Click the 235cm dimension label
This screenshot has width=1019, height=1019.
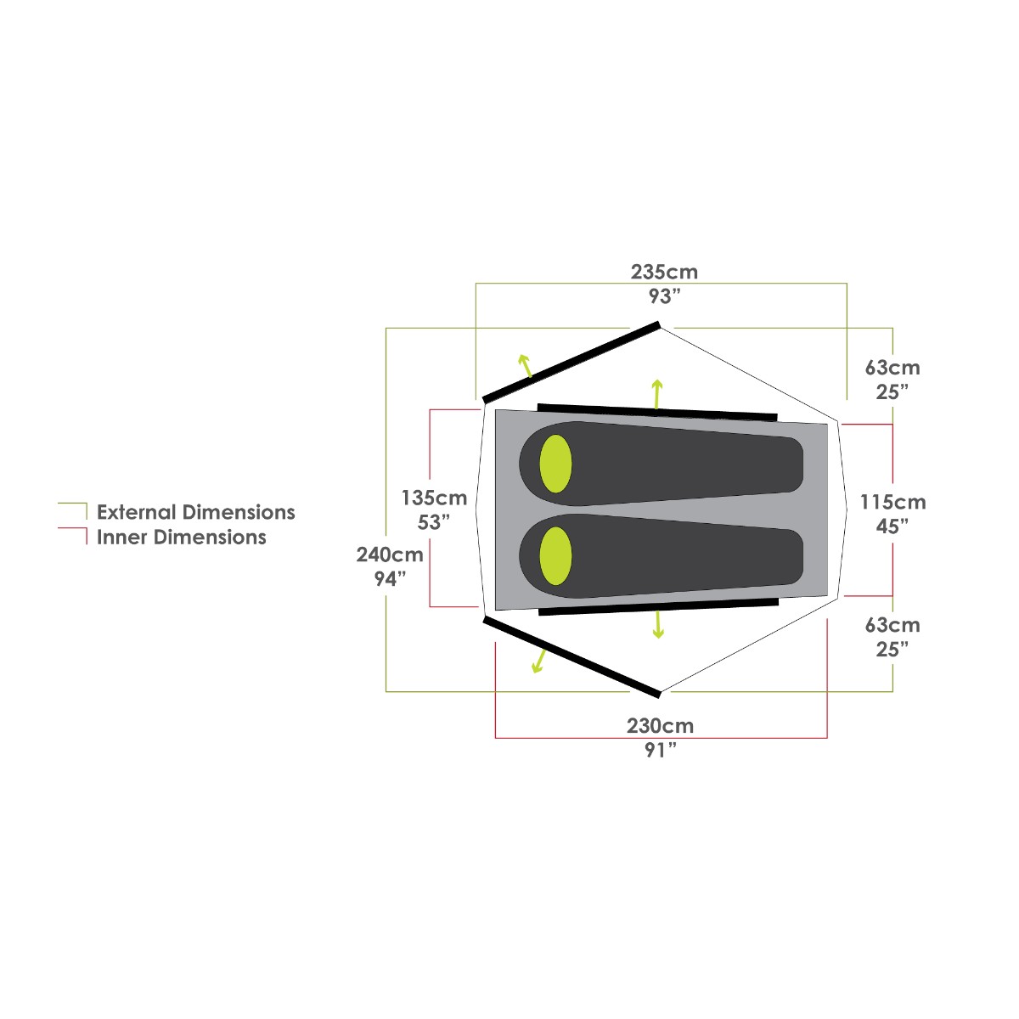tap(664, 273)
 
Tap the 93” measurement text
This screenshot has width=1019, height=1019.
tap(664, 296)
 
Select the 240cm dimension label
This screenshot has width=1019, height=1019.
tap(390, 555)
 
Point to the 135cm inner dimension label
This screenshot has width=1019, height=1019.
tap(434, 498)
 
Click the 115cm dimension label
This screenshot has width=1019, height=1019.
tap(892, 502)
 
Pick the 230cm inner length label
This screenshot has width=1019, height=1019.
tap(660, 726)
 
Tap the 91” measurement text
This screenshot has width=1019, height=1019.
tap(661, 751)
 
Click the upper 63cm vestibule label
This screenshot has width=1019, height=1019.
tap(892, 368)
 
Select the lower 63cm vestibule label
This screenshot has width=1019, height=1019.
tap(892, 625)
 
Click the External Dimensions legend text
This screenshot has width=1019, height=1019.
tap(195, 512)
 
